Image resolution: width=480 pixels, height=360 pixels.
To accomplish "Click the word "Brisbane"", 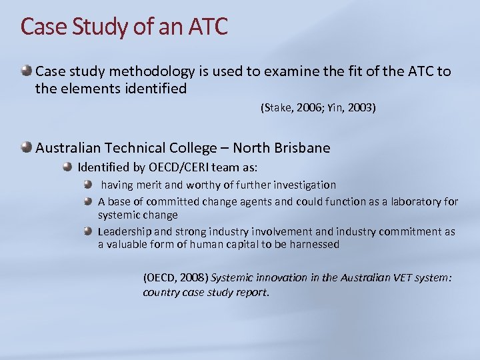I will pos(298,147).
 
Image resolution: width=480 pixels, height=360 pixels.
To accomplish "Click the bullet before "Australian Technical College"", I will pos(26,147).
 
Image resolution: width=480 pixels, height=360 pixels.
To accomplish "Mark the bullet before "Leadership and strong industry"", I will pos(89,231).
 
